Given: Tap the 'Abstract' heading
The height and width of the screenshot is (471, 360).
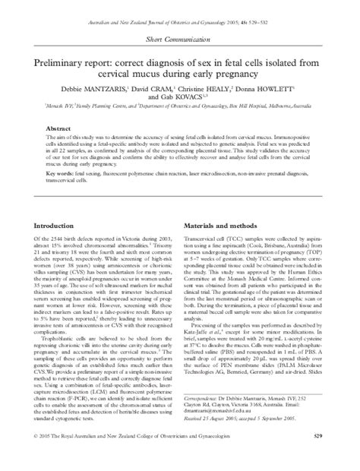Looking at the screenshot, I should pos(58,130).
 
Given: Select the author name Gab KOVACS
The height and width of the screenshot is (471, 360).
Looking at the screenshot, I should pos(176,98).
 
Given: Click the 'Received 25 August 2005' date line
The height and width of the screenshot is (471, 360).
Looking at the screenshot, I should pos(253,439).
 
